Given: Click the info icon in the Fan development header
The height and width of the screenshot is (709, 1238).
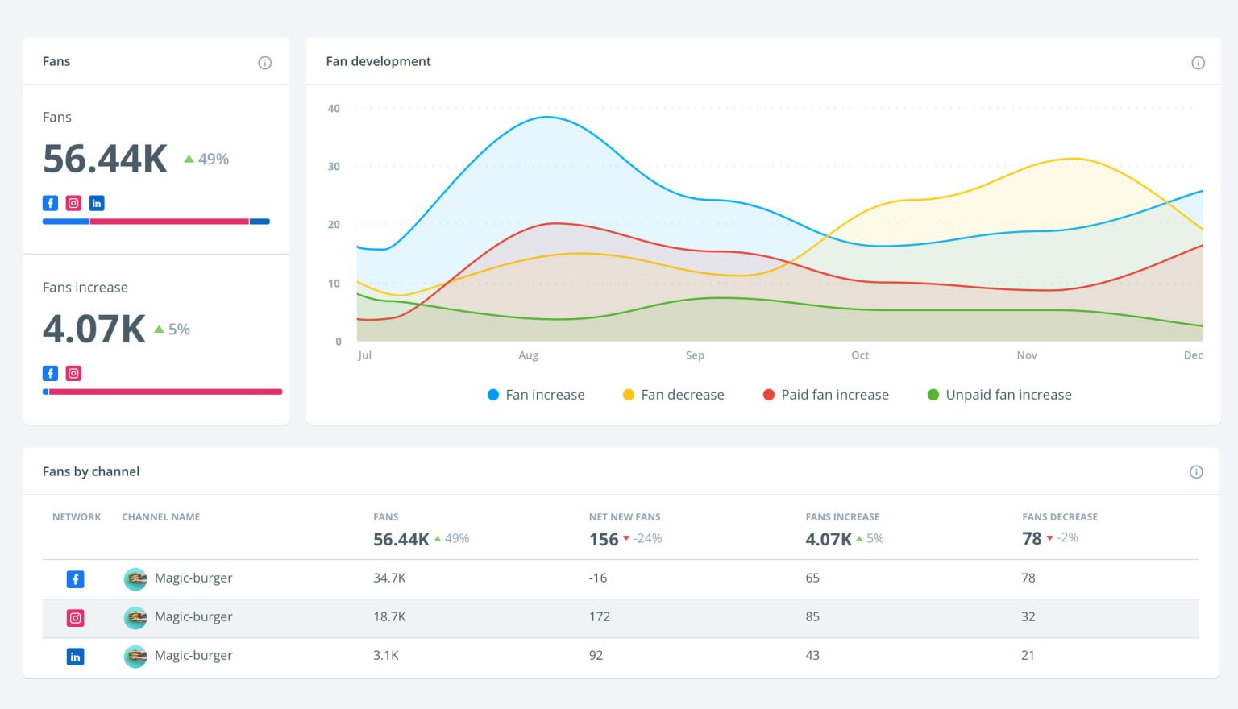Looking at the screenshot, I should click(x=1198, y=63).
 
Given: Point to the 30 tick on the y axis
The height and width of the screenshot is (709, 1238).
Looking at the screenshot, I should click(x=334, y=167).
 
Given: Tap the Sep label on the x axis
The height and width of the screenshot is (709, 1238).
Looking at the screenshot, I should click(x=695, y=355).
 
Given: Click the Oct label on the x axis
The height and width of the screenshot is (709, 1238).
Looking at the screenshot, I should click(x=860, y=355).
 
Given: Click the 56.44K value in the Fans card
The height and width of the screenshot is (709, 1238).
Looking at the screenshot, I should click(x=105, y=159).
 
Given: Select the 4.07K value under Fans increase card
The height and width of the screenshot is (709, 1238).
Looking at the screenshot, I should click(x=94, y=329).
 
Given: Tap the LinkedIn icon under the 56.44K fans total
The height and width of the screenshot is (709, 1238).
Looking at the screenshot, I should click(x=97, y=203).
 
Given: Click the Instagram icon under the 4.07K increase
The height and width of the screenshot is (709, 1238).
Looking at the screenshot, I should click(x=73, y=373).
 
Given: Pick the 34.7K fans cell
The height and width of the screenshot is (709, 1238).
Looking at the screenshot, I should click(x=389, y=578).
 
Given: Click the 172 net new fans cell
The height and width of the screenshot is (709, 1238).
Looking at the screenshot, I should click(x=600, y=617).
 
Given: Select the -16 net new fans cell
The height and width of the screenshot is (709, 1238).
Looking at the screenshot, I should click(x=598, y=578).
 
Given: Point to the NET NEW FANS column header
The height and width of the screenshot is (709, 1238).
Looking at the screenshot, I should click(x=625, y=517).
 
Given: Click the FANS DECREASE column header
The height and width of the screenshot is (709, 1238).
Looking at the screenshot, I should click(x=1060, y=517).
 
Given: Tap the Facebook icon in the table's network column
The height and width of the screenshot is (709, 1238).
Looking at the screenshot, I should click(x=75, y=579).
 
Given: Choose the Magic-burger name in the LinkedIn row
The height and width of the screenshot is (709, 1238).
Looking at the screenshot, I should click(x=193, y=656).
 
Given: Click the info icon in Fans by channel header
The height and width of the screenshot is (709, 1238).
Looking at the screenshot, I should click(x=1196, y=472).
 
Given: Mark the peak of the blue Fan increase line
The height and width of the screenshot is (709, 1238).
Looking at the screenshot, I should click(x=546, y=118).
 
